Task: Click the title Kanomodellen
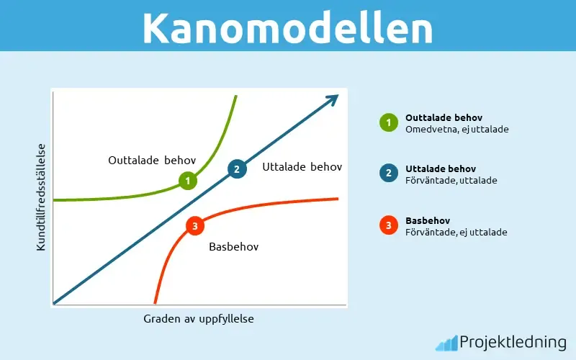287,28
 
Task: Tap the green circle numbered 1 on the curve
187,181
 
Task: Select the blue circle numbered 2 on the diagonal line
236,169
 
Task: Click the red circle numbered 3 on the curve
194,226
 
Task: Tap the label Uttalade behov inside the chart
302,167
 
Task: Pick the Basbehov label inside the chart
233,246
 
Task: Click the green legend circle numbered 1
389,122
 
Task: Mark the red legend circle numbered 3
389,225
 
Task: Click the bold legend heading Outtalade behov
444,117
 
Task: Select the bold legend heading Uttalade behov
441,168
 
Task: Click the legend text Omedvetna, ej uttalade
457,129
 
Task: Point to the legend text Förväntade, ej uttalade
456,232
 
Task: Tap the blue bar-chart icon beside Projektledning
446,343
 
